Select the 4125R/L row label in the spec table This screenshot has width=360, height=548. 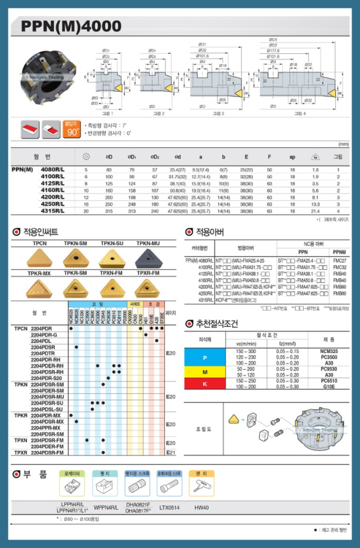click(53, 183)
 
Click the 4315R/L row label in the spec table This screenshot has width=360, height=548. click(53, 211)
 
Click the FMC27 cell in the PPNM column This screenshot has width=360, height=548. click(340, 260)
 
